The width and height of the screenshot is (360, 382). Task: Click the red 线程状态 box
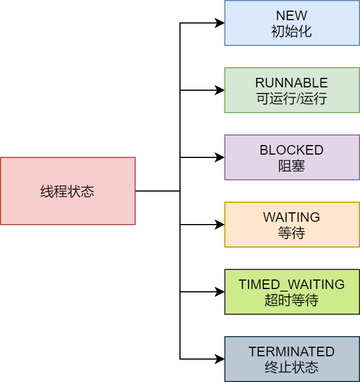[68, 191]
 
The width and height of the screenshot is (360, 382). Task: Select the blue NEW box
[292, 23]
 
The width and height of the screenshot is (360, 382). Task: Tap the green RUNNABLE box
[292, 90]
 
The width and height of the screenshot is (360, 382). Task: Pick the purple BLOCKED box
[292, 157]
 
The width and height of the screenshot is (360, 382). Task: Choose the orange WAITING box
[292, 225]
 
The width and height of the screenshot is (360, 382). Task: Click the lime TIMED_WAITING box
[292, 292]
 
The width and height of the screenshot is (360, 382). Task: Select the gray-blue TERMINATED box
[292, 359]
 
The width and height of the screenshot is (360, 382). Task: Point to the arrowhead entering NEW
[220, 23]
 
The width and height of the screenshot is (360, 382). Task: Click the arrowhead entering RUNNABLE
[220, 90]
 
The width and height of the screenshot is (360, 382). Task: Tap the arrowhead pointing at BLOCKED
[220, 157]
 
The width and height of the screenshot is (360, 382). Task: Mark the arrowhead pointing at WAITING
[220, 225]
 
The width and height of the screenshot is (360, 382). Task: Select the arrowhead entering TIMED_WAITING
[220, 292]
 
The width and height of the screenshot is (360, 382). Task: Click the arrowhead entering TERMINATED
[220, 359]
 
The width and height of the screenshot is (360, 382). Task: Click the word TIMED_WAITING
[292, 285]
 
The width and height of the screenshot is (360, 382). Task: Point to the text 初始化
[292, 31]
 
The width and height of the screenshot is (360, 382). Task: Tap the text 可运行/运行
[292, 99]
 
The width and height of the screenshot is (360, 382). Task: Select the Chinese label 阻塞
[292, 166]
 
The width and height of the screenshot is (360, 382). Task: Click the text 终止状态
[292, 367]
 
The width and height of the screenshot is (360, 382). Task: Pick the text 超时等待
[292, 300]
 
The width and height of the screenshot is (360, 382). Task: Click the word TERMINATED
[292, 352]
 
